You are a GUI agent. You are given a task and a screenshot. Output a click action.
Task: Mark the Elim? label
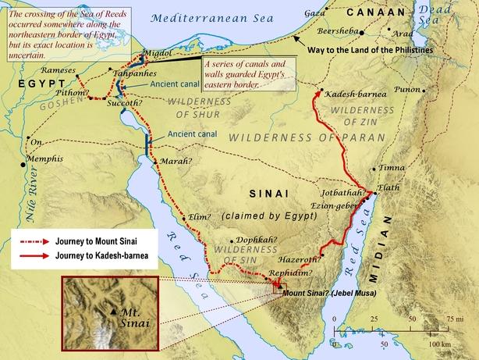pyautogui.click(x=200, y=217)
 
